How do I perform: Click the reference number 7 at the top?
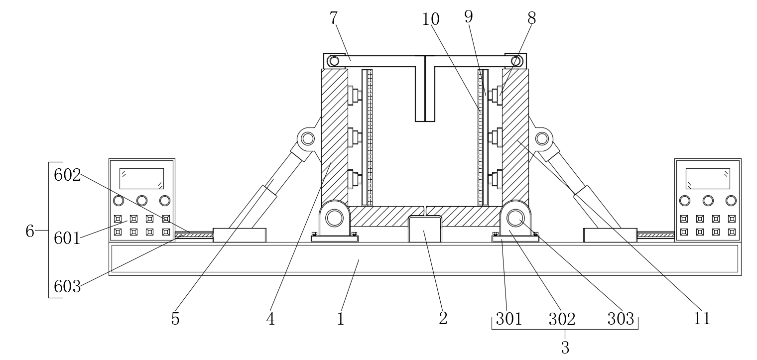[334, 18]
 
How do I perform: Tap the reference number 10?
[431, 19]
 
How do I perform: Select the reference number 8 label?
[531, 18]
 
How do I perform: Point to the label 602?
[67, 175]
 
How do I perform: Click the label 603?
[67, 287]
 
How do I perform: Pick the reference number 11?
[702, 318]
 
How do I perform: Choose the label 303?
[621, 318]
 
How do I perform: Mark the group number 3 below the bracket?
[565, 348]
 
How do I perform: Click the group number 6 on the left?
[30, 231]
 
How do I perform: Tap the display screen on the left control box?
[141, 178]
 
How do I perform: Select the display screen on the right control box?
[708, 178]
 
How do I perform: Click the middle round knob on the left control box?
[141, 201]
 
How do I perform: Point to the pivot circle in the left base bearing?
[334, 218]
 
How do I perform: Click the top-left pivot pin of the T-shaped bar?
[334, 61]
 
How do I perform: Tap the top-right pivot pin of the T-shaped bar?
[516, 61]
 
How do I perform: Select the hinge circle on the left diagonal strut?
[308, 138]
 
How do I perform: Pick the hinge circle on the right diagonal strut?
[542, 138]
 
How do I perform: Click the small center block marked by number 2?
[425, 229]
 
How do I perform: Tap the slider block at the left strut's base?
[240, 235]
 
